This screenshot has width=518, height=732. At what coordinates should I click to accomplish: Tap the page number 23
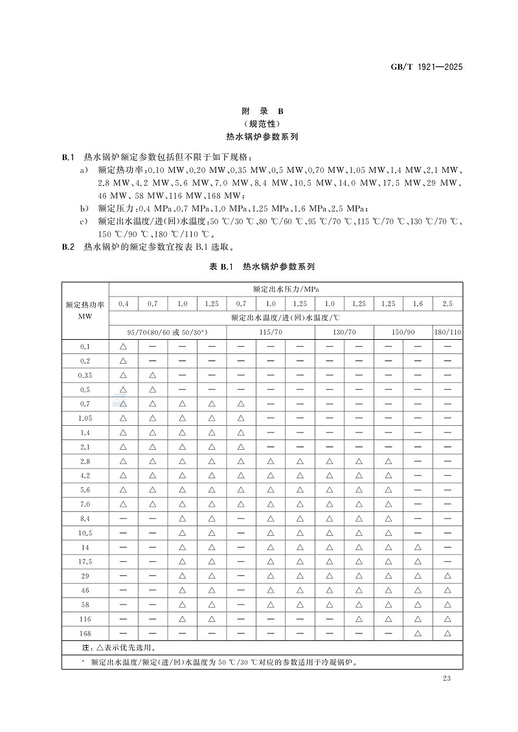point(446,678)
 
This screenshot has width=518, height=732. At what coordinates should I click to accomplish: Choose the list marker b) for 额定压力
point(84,208)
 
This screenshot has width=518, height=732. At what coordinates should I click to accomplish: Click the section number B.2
point(69,247)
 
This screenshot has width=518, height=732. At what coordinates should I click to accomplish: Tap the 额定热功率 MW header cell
point(85,311)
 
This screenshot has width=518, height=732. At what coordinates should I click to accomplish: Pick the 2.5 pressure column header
point(447,303)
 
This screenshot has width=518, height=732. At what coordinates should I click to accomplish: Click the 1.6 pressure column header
point(418,303)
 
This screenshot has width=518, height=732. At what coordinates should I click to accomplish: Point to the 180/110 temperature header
point(447,331)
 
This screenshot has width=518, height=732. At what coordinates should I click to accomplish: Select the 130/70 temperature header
point(344,331)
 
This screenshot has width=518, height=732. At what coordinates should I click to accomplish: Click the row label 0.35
point(85,375)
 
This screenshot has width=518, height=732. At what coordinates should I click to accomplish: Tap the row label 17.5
point(85,561)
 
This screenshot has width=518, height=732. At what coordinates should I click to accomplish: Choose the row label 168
point(85,633)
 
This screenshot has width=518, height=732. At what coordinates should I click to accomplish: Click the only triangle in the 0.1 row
point(123,346)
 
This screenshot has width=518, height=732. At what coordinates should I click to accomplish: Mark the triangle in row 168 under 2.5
point(447,633)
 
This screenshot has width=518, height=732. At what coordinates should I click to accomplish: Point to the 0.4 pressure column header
point(123,303)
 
